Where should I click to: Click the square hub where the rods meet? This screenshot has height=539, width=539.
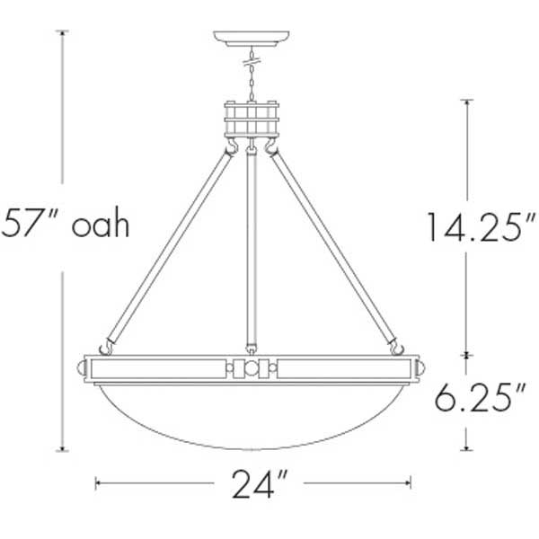point(252,122)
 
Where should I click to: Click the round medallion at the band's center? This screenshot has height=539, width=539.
point(252,368)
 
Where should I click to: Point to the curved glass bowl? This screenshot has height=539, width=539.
point(252,413)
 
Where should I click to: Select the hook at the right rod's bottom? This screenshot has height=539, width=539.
point(394,345)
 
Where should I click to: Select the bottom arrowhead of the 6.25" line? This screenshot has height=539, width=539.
point(467,449)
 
